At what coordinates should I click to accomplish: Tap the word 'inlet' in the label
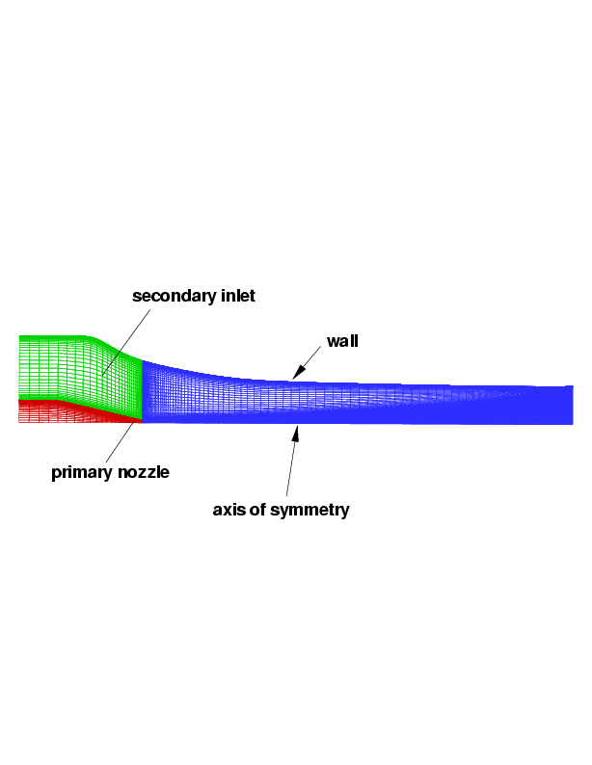click(238, 295)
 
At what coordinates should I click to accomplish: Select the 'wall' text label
click(342, 341)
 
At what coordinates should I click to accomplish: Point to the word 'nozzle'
click(144, 472)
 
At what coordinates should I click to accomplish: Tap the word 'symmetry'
click(309, 511)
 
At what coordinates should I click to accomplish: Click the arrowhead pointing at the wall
click(298, 373)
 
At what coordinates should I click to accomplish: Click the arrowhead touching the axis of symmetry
click(295, 434)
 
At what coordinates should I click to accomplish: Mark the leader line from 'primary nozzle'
click(120, 442)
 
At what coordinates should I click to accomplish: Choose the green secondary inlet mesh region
click(73, 368)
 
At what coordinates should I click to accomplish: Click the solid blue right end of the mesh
click(547, 405)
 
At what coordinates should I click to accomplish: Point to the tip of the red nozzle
click(142, 421)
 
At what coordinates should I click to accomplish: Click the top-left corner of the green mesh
click(19, 335)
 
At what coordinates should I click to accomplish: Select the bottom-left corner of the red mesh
click(19, 423)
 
